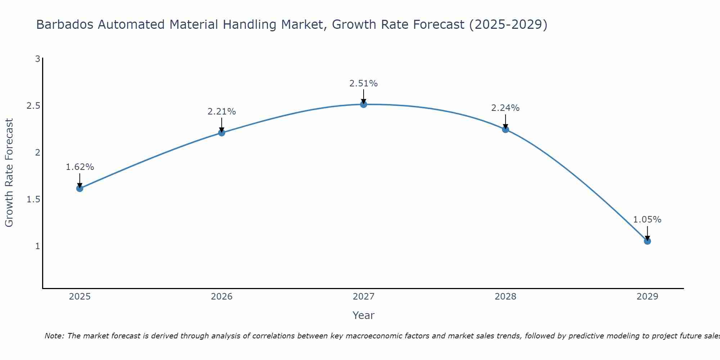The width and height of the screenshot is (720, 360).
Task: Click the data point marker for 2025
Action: tap(80, 188)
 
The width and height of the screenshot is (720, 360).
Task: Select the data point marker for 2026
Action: tap(221, 133)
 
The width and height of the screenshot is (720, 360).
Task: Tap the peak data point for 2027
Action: tap(364, 104)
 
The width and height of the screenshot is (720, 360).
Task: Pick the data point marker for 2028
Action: tap(505, 130)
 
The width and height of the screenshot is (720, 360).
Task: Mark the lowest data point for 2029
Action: tap(647, 241)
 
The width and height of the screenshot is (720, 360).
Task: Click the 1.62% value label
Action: tap(80, 167)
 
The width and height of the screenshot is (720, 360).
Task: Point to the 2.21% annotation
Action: tap(221, 112)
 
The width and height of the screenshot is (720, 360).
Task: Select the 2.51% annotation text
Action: tap(364, 84)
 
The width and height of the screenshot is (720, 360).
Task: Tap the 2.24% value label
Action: tap(505, 108)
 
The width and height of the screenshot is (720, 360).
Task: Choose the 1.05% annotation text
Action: tap(647, 220)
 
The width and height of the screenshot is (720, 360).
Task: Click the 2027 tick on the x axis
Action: tap(364, 297)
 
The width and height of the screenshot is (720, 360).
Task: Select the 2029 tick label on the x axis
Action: tap(647, 297)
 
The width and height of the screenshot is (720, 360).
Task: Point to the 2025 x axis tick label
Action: tap(80, 297)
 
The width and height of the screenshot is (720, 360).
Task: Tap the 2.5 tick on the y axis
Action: tap(33, 106)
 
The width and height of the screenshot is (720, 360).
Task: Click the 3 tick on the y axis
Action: tap(37, 59)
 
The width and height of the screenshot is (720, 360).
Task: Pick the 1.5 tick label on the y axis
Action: tap(33, 199)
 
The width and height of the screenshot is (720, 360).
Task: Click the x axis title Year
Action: tap(364, 315)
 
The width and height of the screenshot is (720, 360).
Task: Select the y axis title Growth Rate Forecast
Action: tap(9, 173)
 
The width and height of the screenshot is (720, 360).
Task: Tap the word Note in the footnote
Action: tap(54, 336)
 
